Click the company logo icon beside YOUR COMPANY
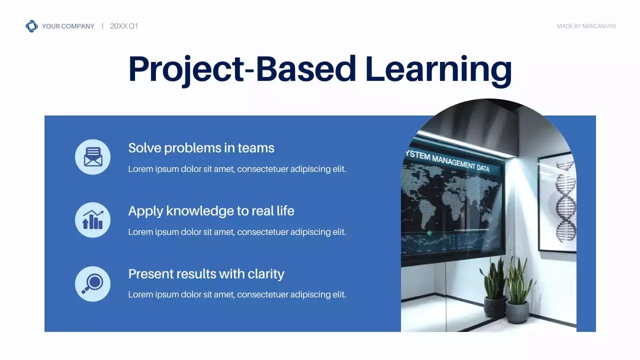click(x=31, y=26)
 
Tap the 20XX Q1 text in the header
click(x=123, y=26)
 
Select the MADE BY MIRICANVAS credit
click(x=586, y=26)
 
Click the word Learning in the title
click(x=438, y=69)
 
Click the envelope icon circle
click(x=92, y=157)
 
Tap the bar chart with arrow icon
click(x=92, y=220)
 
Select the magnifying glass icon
click(x=92, y=283)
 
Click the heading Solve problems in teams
click(x=201, y=148)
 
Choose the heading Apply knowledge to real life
click(x=211, y=211)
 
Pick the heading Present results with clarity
click(x=206, y=274)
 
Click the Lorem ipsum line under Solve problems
click(x=237, y=169)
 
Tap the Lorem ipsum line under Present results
click(x=237, y=294)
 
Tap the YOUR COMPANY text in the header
click(x=68, y=26)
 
